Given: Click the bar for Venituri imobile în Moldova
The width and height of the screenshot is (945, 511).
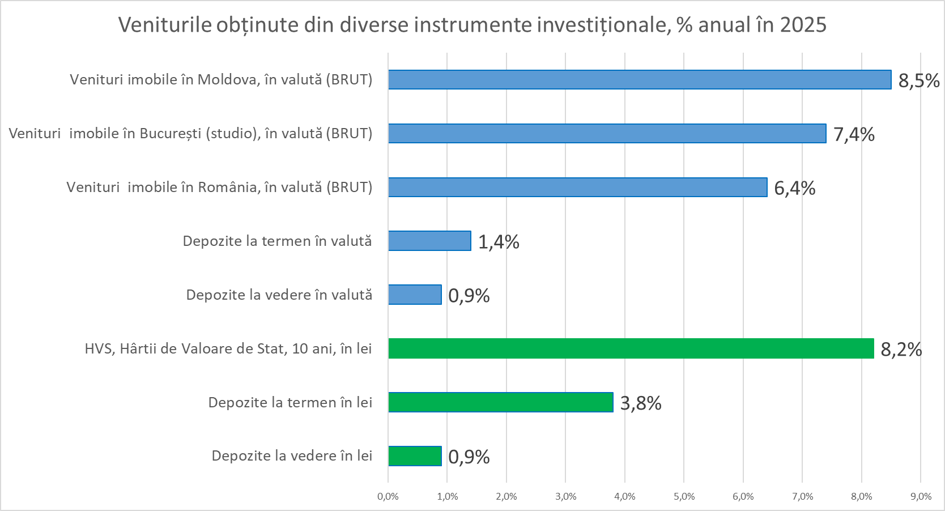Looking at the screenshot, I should click(640, 80).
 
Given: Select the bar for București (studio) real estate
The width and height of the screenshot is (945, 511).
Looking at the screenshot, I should click(607, 134).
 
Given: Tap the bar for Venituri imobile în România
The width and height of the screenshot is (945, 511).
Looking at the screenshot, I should click(577, 188).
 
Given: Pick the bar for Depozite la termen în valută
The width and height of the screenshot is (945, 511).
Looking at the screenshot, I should click(429, 241).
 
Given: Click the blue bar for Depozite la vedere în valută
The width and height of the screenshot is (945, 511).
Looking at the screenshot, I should click(415, 295).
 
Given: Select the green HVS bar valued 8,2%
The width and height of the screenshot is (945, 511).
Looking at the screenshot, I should click(631, 348).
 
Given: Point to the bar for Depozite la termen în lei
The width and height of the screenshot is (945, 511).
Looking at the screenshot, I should click(500, 402).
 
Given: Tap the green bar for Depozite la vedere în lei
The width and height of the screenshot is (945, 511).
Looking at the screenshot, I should click(415, 456).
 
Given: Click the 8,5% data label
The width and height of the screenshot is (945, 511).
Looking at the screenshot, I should click(919, 81).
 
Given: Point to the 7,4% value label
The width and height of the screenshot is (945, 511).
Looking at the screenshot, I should click(854, 135).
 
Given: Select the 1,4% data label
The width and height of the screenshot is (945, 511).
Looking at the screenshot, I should click(499, 242).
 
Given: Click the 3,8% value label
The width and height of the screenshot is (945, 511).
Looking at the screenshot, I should click(641, 403).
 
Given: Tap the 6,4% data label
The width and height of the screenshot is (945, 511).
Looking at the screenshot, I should click(795, 189).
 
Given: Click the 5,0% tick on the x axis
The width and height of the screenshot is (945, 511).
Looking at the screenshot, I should click(684, 497).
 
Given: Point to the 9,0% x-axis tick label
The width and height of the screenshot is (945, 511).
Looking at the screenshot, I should click(921, 497).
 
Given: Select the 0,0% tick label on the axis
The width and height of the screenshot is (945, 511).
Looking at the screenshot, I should click(388, 497).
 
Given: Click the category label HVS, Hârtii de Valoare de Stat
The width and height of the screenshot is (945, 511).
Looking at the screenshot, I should click(228, 348).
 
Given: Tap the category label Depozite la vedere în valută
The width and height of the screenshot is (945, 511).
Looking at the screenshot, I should click(279, 295).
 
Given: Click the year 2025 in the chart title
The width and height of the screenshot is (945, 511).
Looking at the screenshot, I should click(803, 25).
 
